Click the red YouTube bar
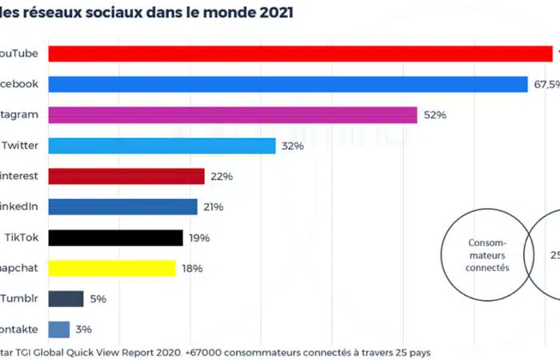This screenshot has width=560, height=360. click(300, 54)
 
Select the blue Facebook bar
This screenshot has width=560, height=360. click(288, 84)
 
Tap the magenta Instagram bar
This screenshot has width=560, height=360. click(233, 115)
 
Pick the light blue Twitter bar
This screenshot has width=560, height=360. click(162, 146)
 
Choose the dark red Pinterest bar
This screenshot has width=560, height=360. click(126, 176)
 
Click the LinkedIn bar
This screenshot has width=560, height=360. click(122, 207)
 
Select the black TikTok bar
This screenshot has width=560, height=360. click(115, 238)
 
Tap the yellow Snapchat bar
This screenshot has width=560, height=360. click(112, 268)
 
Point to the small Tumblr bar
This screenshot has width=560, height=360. click(66, 298)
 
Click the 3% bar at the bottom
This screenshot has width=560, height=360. click(58, 329)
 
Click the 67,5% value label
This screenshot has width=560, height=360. click(546, 84)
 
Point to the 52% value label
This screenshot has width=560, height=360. click(435, 115)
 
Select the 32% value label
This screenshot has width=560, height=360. click(293, 146)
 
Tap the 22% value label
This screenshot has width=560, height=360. click(222, 176)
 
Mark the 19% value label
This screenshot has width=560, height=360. click(199, 238)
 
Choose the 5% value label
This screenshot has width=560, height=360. click(98, 298)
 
